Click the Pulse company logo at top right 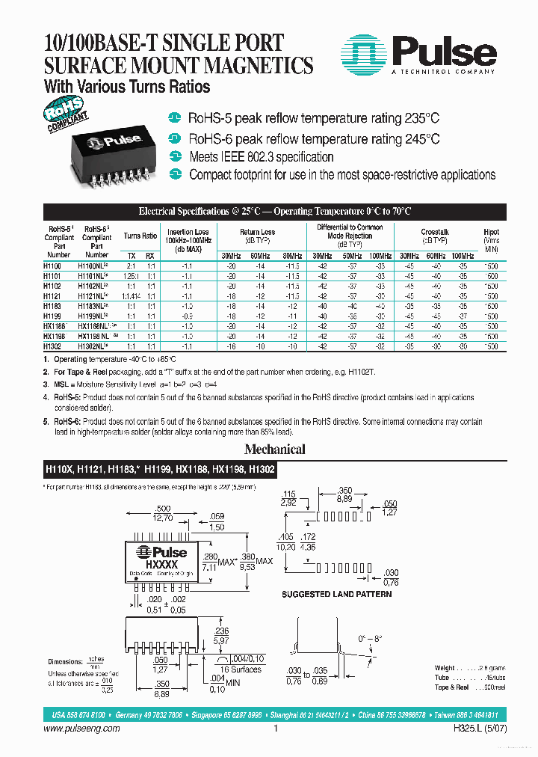418,54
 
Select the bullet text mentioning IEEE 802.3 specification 261,157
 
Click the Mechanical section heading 276,450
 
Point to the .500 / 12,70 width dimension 163,512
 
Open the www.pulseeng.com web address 83,729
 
